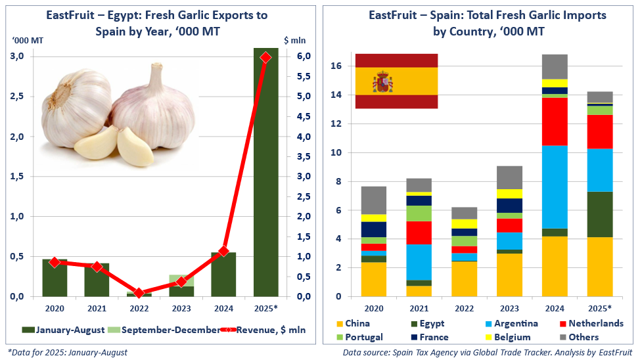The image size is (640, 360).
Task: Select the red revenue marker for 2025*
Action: [x=265, y=58]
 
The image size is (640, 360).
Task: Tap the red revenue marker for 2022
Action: [x=139, y=292]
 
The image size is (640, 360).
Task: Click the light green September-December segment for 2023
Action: [x=181, y=280]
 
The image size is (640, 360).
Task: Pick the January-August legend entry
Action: [x=62, y=330]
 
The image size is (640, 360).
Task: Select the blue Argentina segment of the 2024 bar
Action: [x=555, y=187]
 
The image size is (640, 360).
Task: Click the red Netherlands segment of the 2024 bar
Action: [x=555, y=122]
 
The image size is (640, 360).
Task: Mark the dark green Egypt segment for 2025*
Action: [x=599, y=214]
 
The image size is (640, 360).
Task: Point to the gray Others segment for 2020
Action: [x=373, y=200]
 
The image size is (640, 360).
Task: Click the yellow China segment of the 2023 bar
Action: [x=510, y=275]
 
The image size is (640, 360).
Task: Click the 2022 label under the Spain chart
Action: [x=465, y=308]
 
